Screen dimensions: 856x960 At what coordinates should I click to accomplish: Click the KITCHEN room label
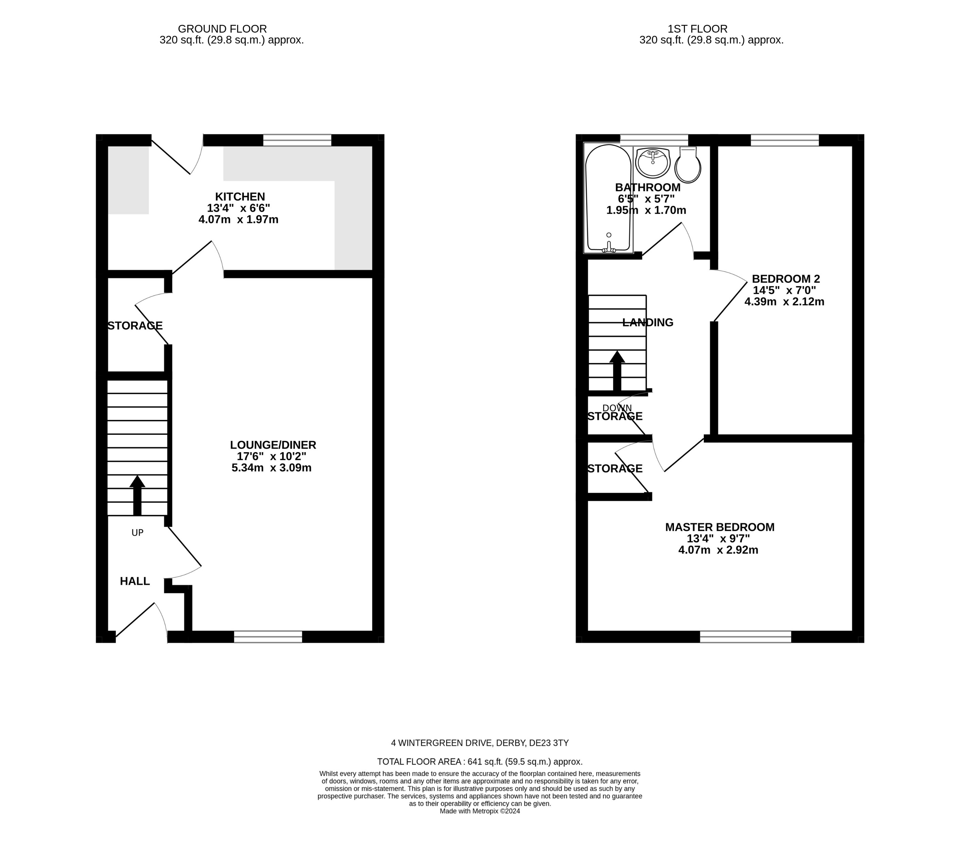tap(240, 197)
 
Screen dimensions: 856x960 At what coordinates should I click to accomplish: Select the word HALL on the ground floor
tap(135, 581)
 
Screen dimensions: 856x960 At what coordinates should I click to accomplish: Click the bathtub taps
tap(609, 248)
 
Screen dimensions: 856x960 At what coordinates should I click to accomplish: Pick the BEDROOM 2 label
tap(785, 279)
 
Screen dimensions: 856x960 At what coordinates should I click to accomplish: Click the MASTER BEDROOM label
tap(719, 527)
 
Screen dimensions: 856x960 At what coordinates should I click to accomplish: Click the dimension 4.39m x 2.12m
tap(784, 302)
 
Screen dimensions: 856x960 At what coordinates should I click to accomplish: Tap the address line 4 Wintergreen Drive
tap(480, 743)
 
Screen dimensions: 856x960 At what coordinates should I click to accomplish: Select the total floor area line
tap(480, 762)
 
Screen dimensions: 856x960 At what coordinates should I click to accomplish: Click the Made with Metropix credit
tap(480, 811)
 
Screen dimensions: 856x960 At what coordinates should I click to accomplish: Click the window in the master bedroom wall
tap(746, 637)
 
